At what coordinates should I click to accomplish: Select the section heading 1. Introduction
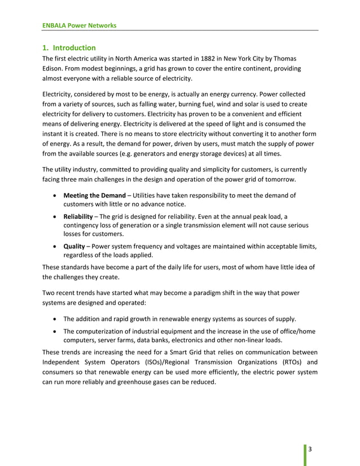click(69, 48)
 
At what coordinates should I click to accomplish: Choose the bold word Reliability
click(78, 216)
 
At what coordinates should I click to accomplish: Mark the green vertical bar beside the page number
click(305, 454)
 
